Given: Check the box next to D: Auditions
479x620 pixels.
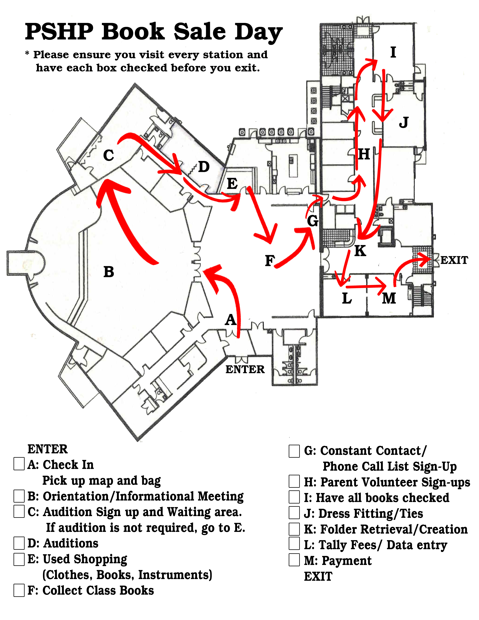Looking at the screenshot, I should [19, 543].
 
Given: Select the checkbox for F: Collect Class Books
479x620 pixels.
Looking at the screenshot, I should [19, 590].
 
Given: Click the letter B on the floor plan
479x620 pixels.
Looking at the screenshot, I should [109, 272].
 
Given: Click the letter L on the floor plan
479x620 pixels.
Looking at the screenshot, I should [347, 298].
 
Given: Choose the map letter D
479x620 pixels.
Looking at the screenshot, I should [204, 167].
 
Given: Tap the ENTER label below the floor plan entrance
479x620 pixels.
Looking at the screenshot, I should [245, 369].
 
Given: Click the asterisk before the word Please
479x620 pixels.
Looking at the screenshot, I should [27, 53].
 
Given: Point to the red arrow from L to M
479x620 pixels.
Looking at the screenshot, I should [366, 286].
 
